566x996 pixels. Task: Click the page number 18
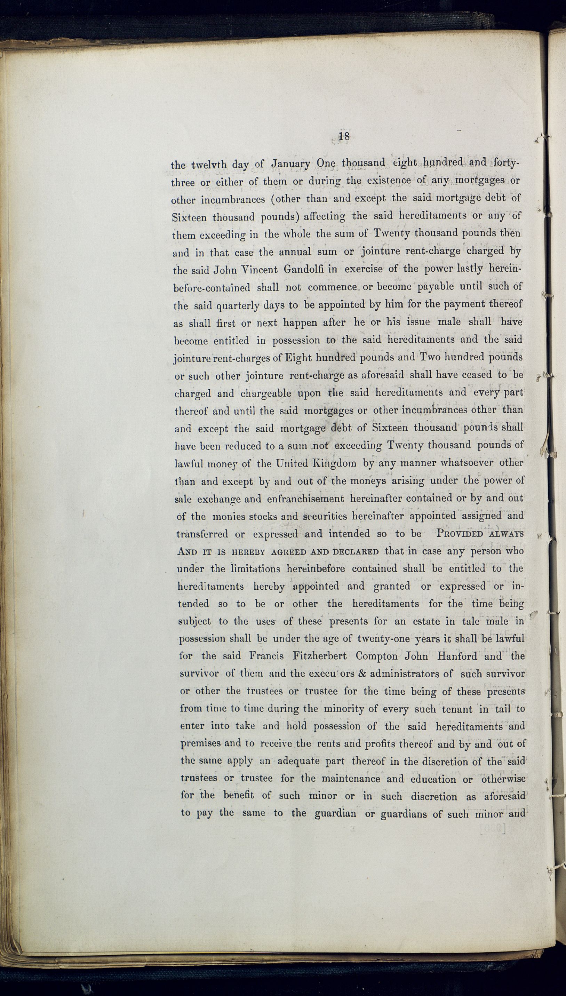(344, 136)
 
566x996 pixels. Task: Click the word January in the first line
(291, 163)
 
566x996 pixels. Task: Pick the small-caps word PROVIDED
(459, 533)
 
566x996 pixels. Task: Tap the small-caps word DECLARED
(356, 551)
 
